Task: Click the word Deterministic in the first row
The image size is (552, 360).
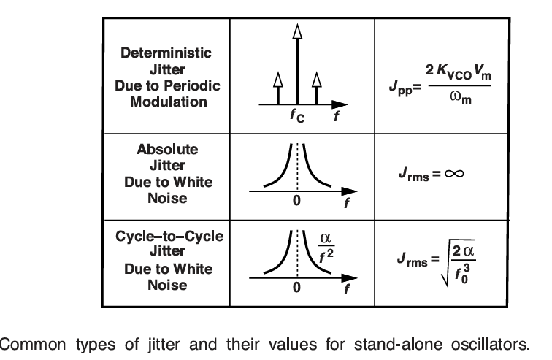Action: coord(166,53)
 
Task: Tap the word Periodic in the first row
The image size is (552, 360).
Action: coord(193,85)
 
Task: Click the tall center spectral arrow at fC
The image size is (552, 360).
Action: coord(296,66)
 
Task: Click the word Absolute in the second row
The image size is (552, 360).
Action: coord(167,149)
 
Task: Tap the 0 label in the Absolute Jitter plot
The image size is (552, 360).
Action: coord(297,202)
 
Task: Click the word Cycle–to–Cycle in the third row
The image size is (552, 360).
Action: coord(169,237)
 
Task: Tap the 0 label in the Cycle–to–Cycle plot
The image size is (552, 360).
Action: coord(297,287)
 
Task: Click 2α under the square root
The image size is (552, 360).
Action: coord(468,252)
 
